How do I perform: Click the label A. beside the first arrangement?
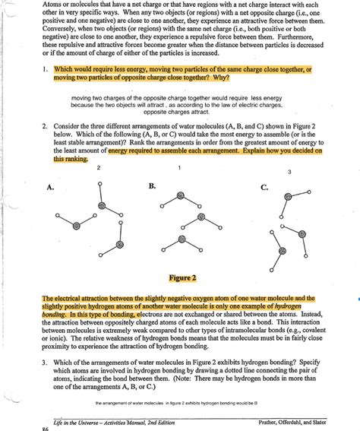point(52,185)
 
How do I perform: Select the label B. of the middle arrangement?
point(152,185)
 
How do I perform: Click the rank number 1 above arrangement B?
point(178,166)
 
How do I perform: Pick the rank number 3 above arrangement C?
point(289,173)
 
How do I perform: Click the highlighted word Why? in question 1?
point(213,78)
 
